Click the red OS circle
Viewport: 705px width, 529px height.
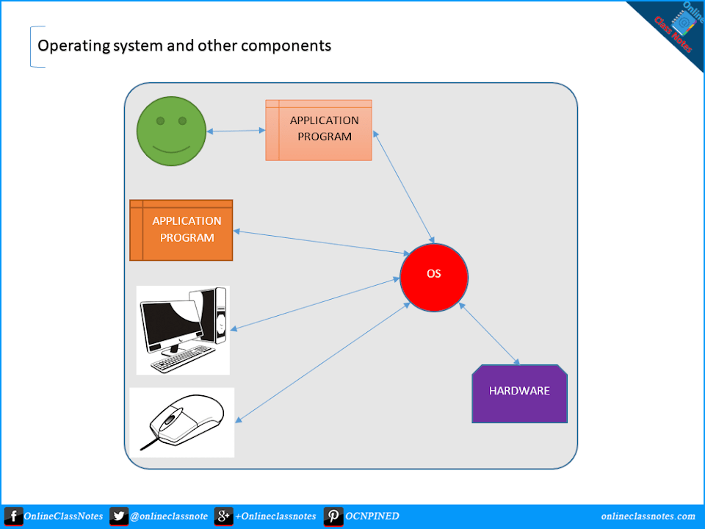(x=434, y=278)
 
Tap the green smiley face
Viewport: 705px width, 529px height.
(x=171, y=131)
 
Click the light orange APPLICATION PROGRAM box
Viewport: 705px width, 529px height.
(x=319, y=130)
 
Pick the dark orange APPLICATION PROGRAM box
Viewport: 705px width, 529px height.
(x=181, y=230)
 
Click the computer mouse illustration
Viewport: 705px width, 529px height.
(x=182, y=422)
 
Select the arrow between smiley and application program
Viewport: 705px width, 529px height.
(x=236, y=132)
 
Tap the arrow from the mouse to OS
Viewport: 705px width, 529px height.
(x=322, y=361)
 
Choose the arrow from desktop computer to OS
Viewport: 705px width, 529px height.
(x=315, y=303)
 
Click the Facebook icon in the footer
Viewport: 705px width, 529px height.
(x=12, y=517)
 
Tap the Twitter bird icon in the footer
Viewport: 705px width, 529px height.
(x=119, y=517)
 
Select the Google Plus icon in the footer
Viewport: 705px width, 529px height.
(x=223, y=517)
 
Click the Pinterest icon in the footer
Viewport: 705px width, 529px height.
(x=333, y=517)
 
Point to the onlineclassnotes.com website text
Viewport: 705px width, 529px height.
(x=647, y=517)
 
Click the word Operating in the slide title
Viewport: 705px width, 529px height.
(x=71, y=46)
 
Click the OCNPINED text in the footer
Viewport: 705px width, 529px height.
(x=372, y=517)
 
